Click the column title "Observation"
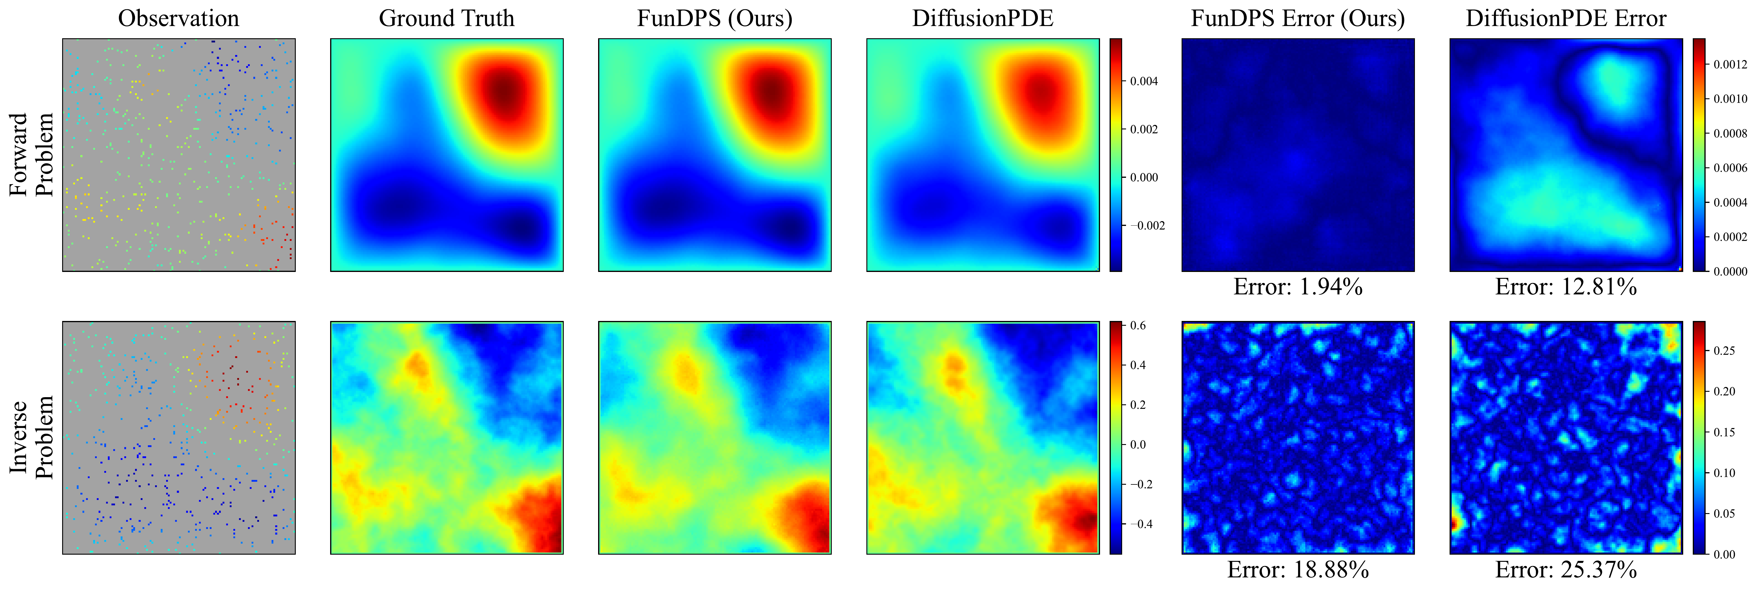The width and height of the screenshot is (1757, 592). tap(179, 19)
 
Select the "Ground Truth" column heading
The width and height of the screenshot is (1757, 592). tap(447, 19)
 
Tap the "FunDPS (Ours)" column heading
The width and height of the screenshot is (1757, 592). tap(715, 19)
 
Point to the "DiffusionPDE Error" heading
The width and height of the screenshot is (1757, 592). tap(1566, 19)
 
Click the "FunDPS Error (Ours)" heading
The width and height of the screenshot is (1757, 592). tap(1298, 19)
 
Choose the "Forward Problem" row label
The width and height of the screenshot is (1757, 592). tap(31, 155)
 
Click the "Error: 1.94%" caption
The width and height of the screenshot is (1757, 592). tap(1298, 287)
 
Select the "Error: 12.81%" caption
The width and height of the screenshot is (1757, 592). tap(1566, 287)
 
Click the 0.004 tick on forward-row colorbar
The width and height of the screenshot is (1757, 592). tap(1144, 81)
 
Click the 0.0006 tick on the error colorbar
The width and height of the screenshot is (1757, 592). tap(1730, 168)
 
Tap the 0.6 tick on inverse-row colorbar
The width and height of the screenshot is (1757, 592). tap(1138, 326)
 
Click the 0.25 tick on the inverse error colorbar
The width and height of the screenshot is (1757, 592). tap(1724, 351)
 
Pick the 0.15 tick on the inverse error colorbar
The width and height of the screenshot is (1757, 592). tap(1724, 432)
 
